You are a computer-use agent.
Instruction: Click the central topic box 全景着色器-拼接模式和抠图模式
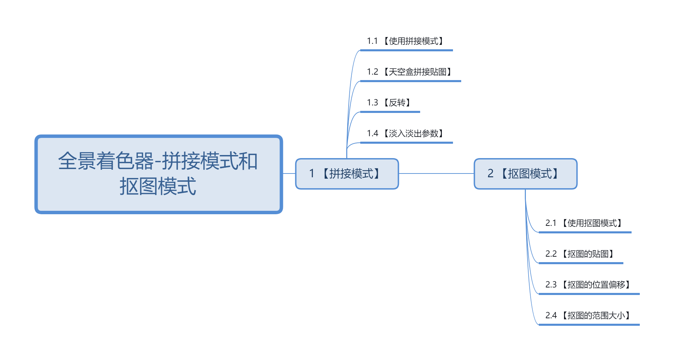[x=158, y=174]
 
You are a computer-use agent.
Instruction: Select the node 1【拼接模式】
[x=347, y=173]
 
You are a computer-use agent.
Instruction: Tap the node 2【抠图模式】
[x=526, y=173]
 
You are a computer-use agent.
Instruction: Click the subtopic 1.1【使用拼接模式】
[x=406, y=41]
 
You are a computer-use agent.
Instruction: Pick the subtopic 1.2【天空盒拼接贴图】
[x=410, y=72]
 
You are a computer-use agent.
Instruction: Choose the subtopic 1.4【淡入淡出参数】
[x=406, y=133]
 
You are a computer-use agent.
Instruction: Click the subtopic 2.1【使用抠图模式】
[x=584, y=223]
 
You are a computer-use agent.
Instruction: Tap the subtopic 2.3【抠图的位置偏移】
[x=588, y=285]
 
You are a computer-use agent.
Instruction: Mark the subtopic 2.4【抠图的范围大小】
[x=588, y=316]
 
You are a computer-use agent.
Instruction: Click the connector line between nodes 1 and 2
[x=436, y=173]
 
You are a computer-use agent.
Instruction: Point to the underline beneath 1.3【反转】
[x=390, y=112]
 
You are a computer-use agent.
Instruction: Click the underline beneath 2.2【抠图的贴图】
[x=581, y=263]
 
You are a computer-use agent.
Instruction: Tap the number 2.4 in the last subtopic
[x=551, y=316]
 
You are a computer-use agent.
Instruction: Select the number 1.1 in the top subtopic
[x=372, y=41]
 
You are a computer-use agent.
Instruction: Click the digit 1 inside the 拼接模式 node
[x=312, y=173]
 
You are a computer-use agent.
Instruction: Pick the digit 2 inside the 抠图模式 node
[x=490, y=173]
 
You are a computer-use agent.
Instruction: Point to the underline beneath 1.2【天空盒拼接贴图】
[x=411, y=81]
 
